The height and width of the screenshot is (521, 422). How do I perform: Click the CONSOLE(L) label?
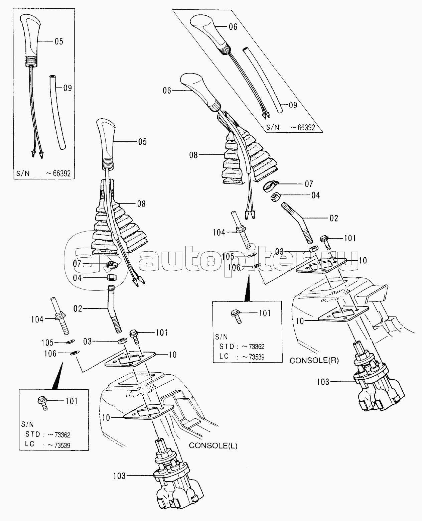pos(213,446)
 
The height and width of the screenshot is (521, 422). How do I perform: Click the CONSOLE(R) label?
pos(314,360)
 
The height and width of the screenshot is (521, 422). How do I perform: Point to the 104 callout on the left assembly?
pos(37,319)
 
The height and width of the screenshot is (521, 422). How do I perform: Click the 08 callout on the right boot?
pos(193,155)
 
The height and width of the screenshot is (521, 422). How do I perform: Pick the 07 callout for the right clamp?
pos(309,184)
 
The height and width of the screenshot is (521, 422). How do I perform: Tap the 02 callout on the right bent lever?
pos(334,218)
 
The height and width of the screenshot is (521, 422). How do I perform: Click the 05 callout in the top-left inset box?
pos(59,41)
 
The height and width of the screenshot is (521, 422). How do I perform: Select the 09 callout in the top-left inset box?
pos(67,88)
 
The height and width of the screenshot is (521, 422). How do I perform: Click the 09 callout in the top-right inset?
pos(293,105)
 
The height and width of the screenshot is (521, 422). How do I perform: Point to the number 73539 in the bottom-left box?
pos(62,445)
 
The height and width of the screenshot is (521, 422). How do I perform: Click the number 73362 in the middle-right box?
pos(257,346)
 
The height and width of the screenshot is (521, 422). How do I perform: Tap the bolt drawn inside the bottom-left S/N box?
pos(42,403)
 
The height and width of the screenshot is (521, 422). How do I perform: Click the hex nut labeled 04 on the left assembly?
pos(112,277)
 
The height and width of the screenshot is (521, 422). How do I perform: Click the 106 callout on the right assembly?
pos(234,267)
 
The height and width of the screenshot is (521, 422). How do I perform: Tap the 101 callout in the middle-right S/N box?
pos(265,313)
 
